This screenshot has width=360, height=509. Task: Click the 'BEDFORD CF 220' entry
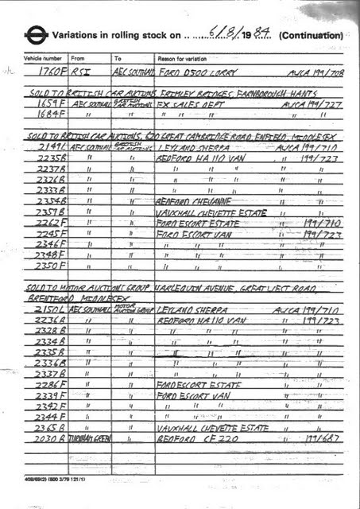188,438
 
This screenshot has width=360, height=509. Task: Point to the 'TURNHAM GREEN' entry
87,438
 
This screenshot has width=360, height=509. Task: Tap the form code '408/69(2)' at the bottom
36,482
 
